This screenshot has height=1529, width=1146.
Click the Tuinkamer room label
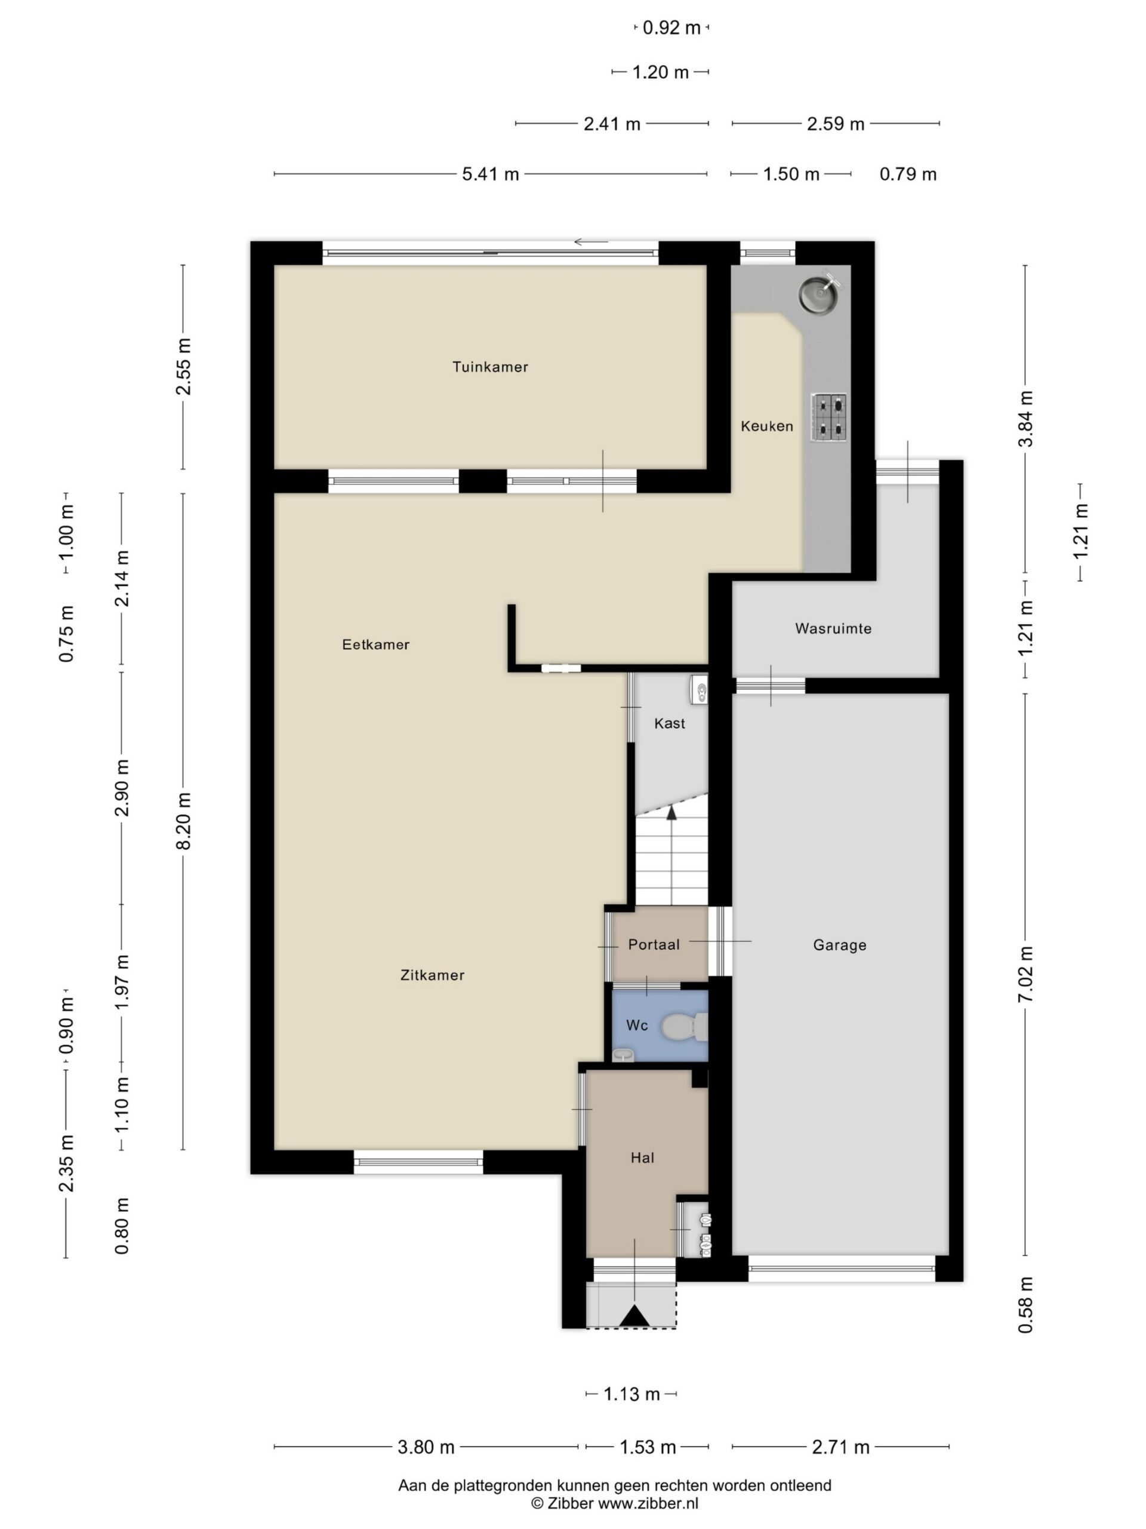490,367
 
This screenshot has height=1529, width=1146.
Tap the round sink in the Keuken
820,294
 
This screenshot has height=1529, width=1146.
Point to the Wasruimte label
833,628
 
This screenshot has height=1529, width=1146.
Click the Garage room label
839,945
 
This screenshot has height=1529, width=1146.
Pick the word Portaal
654,944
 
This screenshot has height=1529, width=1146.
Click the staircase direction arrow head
671,812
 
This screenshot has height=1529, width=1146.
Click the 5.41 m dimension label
491,174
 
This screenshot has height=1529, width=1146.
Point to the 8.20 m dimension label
184,821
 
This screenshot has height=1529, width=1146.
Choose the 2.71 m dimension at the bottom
840,1447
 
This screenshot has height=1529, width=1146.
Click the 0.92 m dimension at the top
671,28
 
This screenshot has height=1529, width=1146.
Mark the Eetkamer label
376,645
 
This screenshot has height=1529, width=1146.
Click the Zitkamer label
432,975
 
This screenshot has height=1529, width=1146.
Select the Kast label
669,723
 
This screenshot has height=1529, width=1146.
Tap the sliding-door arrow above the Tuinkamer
591,242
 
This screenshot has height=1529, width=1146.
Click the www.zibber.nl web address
648,1503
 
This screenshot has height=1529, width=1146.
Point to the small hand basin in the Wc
623,1055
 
